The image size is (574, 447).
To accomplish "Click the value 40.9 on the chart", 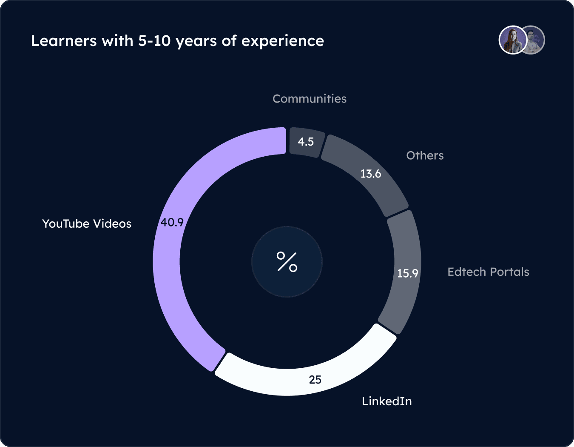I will (x=172, y=222).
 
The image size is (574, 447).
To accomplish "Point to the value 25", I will (x=315, y=379).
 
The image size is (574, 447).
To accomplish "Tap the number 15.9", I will (x=407, y=273).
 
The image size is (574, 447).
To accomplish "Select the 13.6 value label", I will (x=371, y=174).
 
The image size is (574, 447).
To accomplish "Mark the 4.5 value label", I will (x=306, y=142).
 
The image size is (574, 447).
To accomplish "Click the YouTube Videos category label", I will (x=87, y=223).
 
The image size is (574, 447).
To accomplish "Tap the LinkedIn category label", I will (x=386, y=401).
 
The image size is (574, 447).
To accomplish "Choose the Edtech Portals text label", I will (x=488, y=272).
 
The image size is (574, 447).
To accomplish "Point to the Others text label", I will (x=425, y=155).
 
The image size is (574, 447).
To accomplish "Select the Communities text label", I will (x=310, y=99).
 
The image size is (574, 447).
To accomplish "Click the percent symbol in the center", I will (x=287, y=262).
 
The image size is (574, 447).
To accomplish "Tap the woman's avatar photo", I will (x=512, y=40).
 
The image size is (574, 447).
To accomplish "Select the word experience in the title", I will (x=283, y=41).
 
